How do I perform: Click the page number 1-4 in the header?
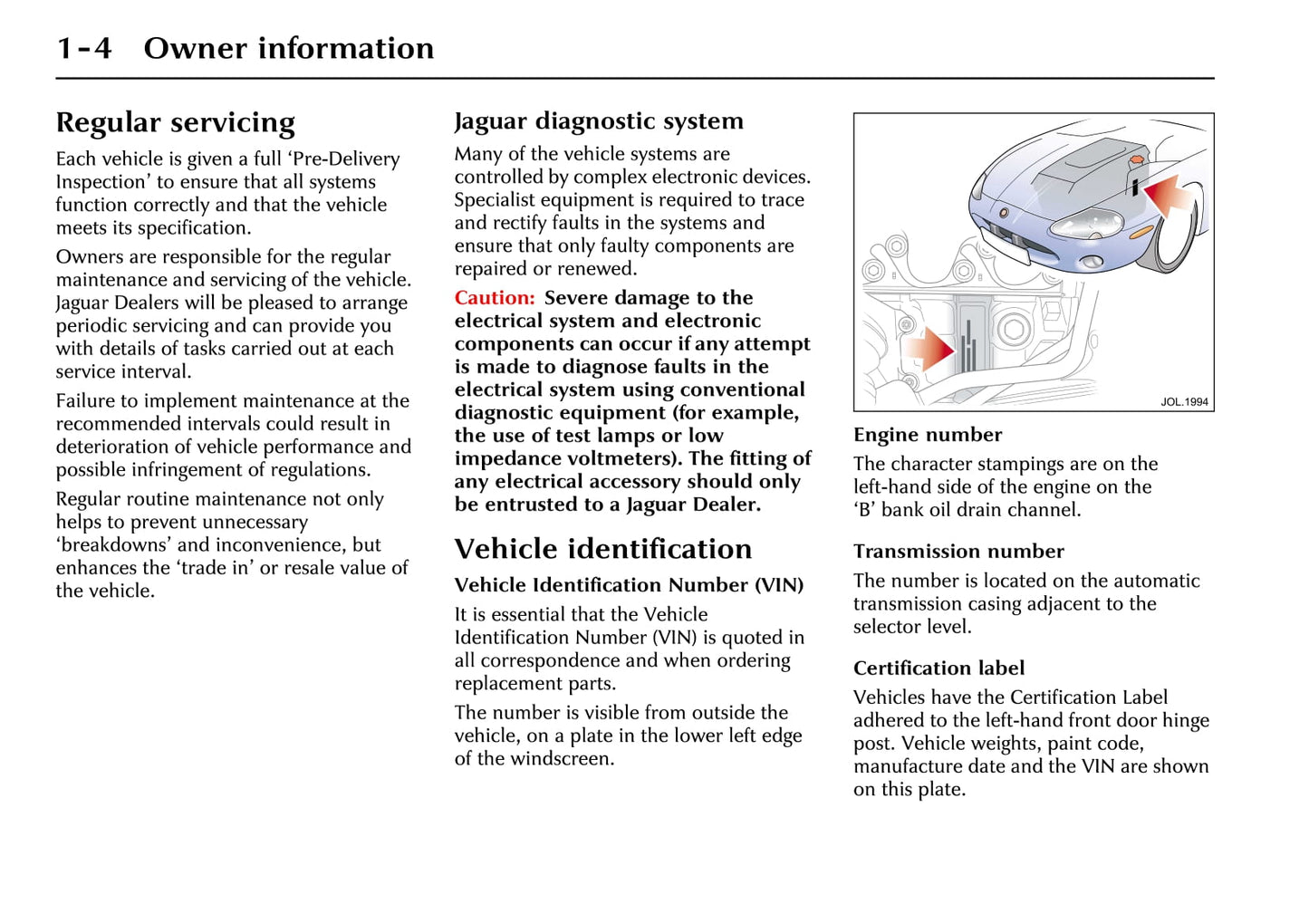point(84,48)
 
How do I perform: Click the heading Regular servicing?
point(175,122)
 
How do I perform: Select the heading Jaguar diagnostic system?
point(599,120)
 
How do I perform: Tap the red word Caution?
point(495,298)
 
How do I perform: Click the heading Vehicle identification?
point(603,549)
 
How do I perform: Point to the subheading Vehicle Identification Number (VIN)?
point(629,585)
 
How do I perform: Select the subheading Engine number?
point(928,435)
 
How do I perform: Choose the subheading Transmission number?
point(958,552)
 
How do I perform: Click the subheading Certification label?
point(938,668)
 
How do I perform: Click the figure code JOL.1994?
point(1184,402)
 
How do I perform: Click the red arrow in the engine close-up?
point(929,349)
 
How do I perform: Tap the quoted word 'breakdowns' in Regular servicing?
point(112,545)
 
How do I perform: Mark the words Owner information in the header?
point(288,48)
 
